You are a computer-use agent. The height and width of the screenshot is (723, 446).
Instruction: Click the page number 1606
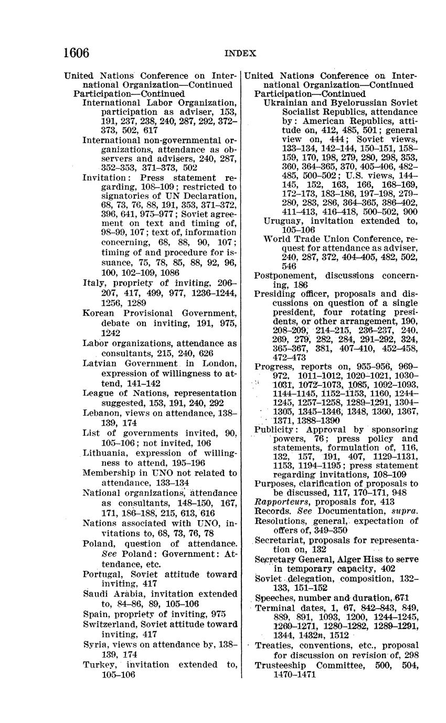click(76, 53)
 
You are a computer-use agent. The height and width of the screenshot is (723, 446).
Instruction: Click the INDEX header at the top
click(240, 53)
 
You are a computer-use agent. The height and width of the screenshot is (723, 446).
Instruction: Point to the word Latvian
click(99, 363)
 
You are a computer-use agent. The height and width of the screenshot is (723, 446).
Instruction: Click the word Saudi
click(95, 594)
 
